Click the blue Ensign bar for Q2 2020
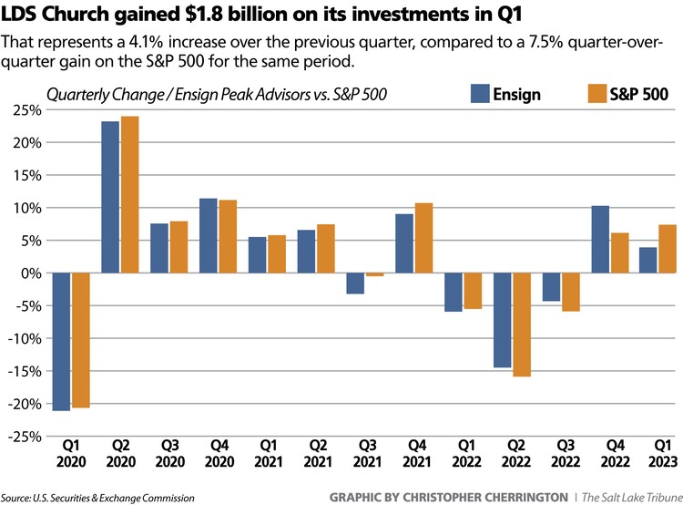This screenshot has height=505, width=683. point(111,197)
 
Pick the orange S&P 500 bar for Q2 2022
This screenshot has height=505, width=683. point(523,325)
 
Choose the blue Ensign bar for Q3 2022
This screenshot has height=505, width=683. point(552,287)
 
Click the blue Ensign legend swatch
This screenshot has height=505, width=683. point(480,93)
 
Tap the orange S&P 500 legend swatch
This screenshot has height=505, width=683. point(596,93)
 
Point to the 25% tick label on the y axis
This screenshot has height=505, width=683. point(27,110)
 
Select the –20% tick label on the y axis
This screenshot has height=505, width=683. point(24,404)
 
